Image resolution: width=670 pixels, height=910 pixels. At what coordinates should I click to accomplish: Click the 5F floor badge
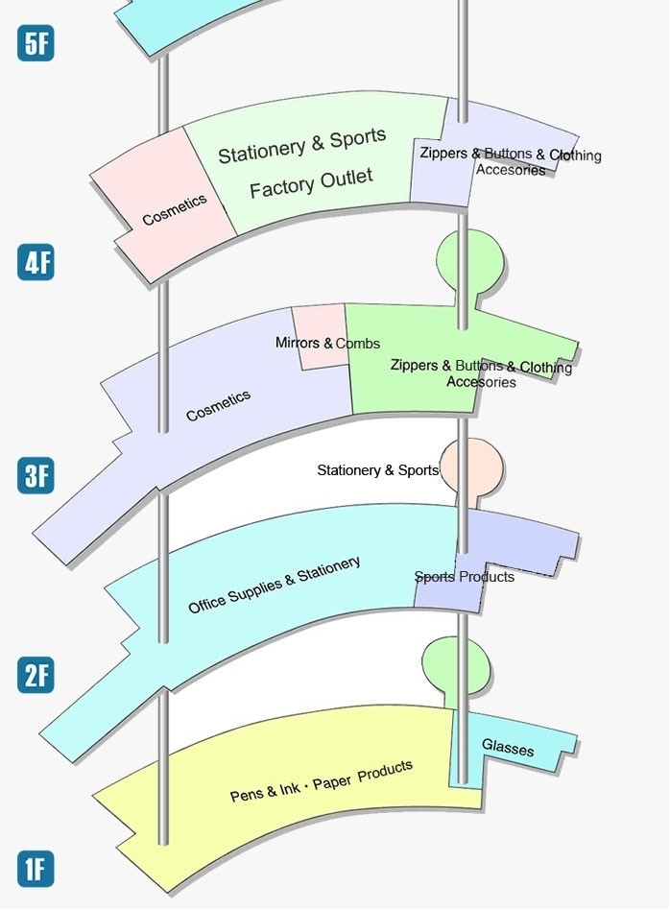tap(36, 45)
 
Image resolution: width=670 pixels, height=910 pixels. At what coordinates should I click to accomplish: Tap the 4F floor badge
tap(36, 262)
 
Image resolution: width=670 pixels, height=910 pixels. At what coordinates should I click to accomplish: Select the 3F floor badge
tap(36, 475)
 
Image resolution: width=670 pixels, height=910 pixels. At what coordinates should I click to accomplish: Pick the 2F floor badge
tap(36, 676)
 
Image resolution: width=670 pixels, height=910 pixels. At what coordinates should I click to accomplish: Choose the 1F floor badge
tap(36, 869)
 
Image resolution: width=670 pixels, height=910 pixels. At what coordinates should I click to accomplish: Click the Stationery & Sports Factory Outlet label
tap(306, 163)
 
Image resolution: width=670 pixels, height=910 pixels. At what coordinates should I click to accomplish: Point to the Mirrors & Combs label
tap(327, 343)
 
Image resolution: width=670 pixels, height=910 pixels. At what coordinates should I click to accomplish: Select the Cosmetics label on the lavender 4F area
tap(218, 406)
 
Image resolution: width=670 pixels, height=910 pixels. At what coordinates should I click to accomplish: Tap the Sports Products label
tap(465, 577)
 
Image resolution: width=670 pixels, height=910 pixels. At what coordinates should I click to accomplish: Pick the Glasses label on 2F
tap(508, 747)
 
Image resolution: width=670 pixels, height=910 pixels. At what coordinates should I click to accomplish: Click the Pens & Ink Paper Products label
tap(322, 781)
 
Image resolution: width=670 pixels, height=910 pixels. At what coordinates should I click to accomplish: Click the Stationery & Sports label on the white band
tap(377, 470)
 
